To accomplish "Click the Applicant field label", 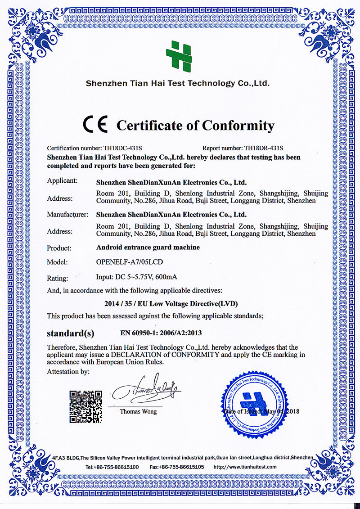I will [x=63, y=181].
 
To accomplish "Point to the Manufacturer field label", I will [x=67, y=215].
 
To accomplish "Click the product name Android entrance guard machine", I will [x=148, y=248].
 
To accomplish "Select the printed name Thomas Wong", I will [x=139, y=411].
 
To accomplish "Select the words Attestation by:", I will [x=68, y=372].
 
